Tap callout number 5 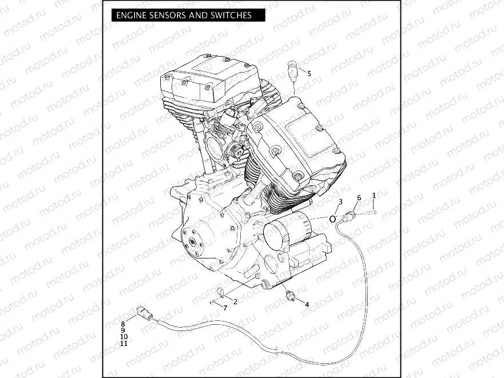pos(309,74)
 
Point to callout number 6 pos(359,198)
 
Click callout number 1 pos(374,196)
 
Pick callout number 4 pos(307,305)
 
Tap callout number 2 pos(235,301)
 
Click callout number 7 pos(225,308)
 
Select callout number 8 pos(122,324)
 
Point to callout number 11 pos(124,344)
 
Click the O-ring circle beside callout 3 pos(333,219)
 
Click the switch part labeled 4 pos(289,295)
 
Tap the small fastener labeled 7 pos(212,302)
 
